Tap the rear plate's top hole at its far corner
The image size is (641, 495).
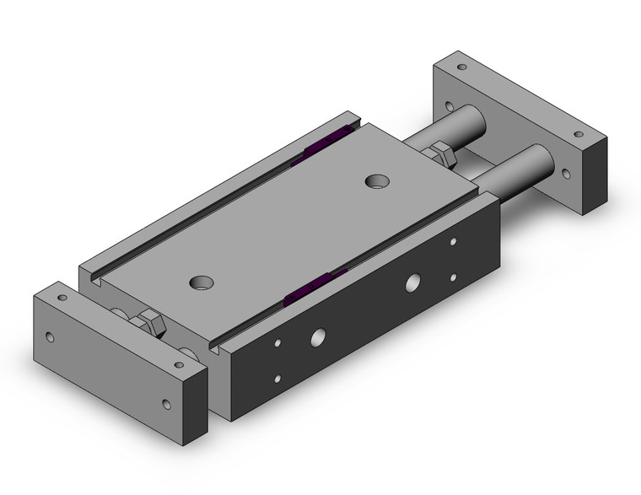click(461, 66)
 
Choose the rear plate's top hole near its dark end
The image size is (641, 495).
click(579, 133)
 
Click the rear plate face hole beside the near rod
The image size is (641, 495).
click(558, 175)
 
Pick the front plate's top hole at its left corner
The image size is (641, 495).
click(61, 298)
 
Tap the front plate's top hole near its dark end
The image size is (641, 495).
click(178, 365)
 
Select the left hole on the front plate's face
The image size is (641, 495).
click(51, 337)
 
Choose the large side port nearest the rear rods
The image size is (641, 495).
click(413, 281)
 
